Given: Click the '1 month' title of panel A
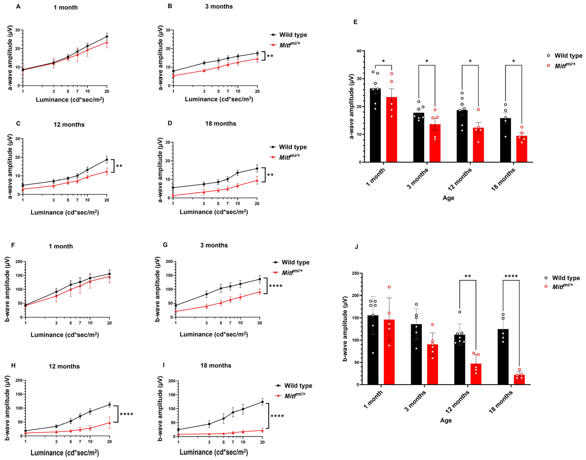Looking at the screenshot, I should [x=66, y=7].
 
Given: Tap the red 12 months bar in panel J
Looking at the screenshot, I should [x=476, y=374].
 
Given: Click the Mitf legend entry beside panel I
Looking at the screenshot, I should [x=295, y=396].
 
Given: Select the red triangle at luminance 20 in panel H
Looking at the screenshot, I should [x=109, y=423].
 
